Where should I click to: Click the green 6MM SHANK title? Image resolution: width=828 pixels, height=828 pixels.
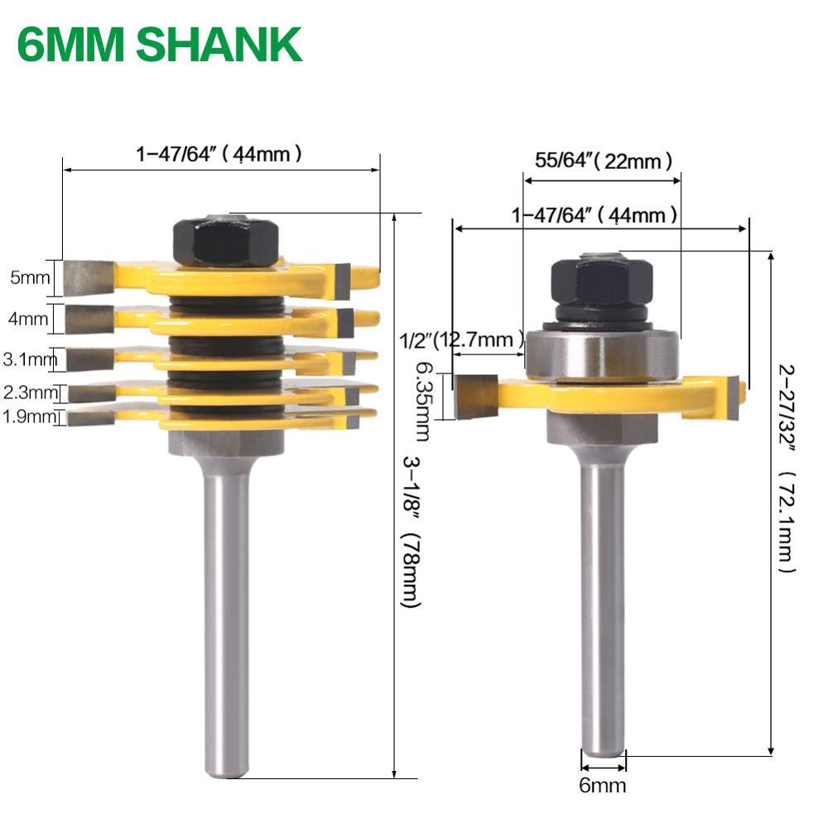(159, 46)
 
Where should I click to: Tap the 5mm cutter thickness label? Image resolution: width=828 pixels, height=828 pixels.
(29, 277)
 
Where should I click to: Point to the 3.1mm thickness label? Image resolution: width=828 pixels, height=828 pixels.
(30, 359)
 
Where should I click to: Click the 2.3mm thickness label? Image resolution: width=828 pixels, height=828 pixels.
(31, 392)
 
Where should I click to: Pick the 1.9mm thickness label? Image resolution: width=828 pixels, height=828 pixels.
(31, 417)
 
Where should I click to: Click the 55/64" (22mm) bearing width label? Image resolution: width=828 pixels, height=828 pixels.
(603, 161)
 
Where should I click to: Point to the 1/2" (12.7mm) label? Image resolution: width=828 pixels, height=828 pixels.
(461, 339)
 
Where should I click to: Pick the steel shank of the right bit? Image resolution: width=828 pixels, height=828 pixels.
(602, 596)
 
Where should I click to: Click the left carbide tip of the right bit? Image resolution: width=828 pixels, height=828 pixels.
(476, 395)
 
